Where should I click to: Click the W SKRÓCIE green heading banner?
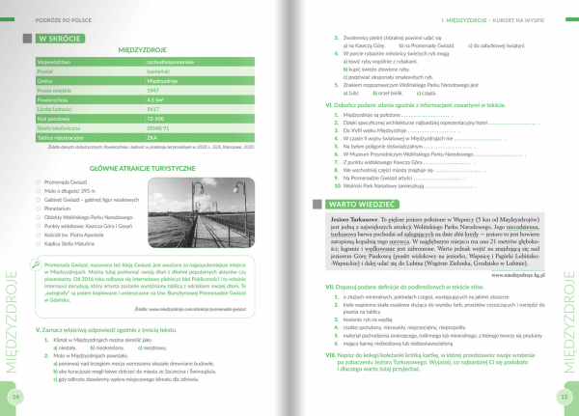60,39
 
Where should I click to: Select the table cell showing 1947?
179,89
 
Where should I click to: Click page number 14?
14,396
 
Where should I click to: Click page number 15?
563,396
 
